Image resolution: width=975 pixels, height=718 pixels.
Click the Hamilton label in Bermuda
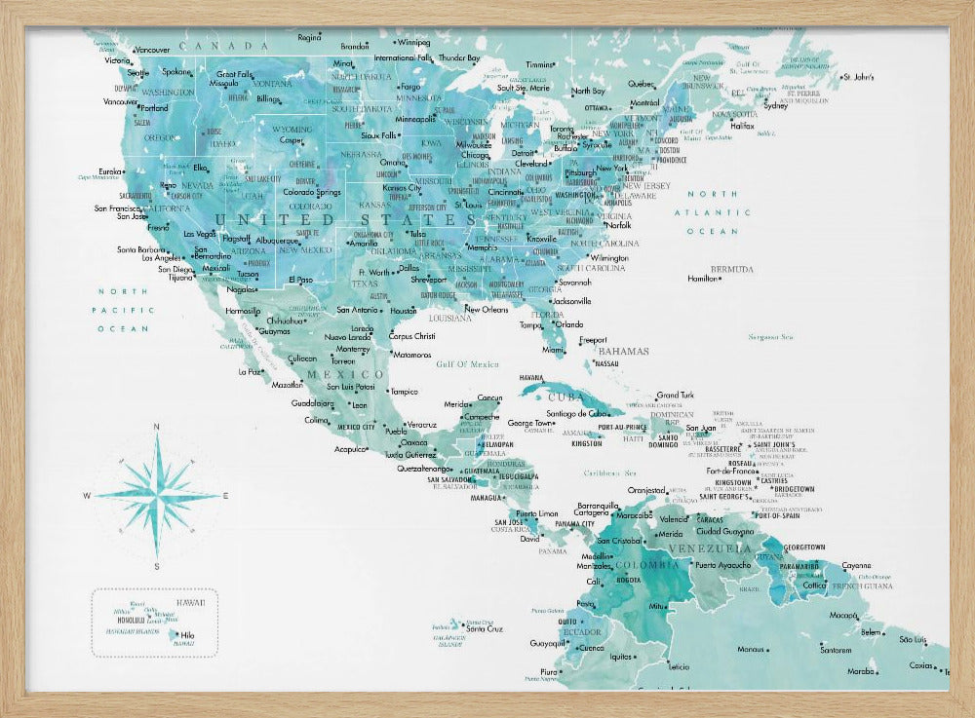[x=702, y=279]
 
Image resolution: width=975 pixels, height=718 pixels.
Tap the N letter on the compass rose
[x=158, y=428]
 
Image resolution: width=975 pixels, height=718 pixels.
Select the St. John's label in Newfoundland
[x=859, y=76]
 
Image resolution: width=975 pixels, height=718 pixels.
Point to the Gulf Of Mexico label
[x=467, y=363]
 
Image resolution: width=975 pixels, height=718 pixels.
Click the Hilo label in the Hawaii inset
[x=188, y=634]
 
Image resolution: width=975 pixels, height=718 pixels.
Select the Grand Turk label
[x=675, y=395]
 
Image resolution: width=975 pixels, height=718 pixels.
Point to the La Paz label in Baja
[x=250, y=370]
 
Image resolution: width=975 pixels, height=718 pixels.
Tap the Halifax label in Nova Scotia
[x=742, y=126]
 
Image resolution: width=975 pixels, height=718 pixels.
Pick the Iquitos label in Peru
[x=623, y=656]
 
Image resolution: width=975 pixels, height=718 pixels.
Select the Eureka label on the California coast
[x=111, y=171]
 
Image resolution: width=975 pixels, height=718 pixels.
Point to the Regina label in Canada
[x=309, y=38]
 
